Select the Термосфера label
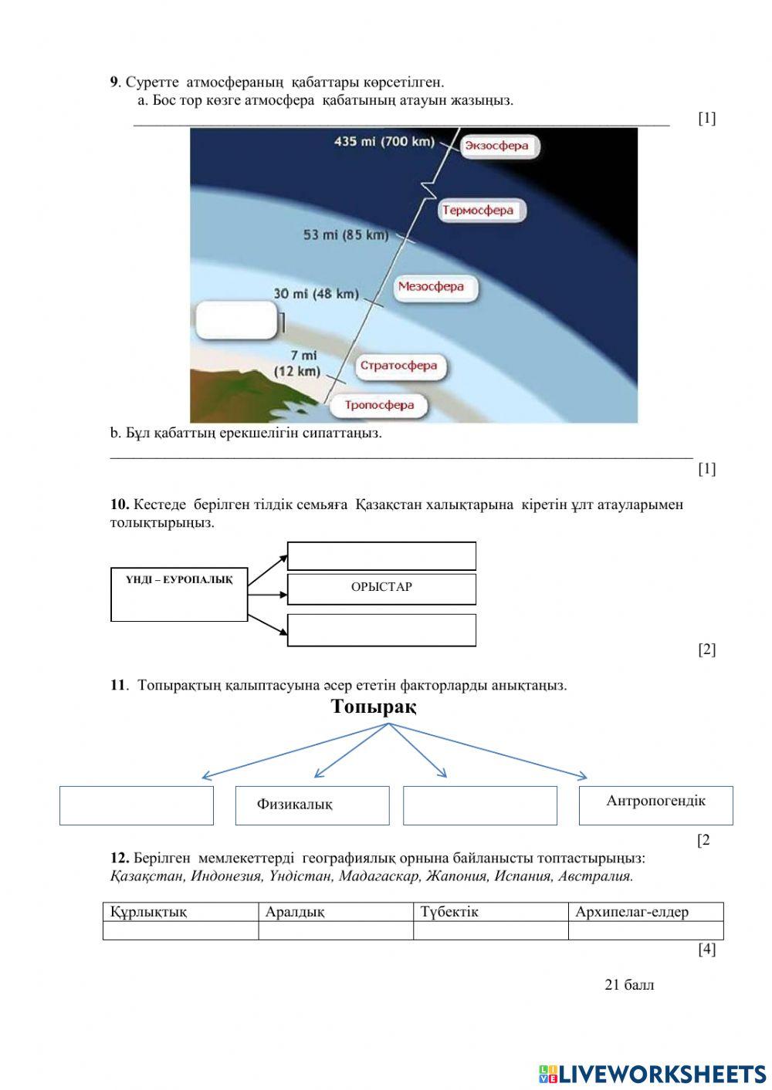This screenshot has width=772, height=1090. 482,211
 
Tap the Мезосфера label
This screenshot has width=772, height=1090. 435,287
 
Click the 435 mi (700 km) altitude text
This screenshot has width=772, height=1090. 384,142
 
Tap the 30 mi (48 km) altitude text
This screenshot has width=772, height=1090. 316,294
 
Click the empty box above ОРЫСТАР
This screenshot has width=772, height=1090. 381,556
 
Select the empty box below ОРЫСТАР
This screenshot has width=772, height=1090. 381,630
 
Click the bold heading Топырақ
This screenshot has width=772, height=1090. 374,707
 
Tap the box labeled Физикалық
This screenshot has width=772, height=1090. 312,805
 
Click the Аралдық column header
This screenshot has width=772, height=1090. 336,912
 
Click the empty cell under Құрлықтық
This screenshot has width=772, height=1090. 181,930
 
